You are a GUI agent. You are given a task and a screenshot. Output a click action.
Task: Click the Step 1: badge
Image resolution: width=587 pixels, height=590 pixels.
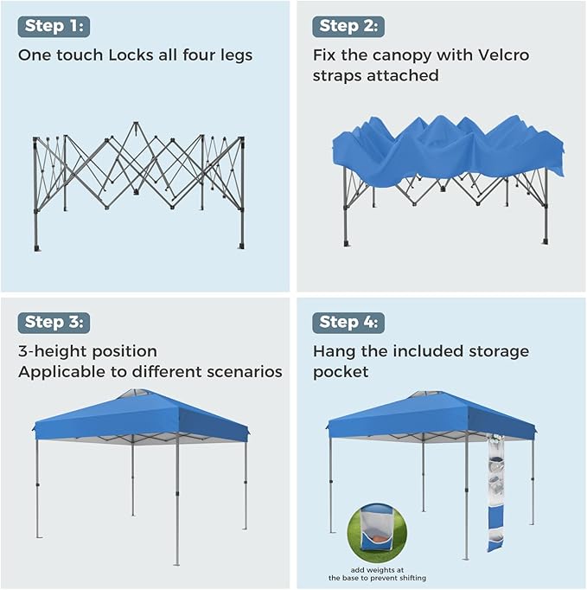pos(54,26)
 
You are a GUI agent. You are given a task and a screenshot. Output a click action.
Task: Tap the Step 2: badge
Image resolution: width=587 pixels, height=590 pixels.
pos(348,26)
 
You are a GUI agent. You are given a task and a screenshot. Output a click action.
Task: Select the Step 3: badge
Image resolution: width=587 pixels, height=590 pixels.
pos(54,323)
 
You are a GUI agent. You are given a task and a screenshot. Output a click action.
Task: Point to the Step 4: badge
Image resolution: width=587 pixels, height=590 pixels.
pos(348,323)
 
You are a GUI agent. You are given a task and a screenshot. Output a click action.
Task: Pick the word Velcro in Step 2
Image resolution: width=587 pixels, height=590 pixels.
pos(503,55)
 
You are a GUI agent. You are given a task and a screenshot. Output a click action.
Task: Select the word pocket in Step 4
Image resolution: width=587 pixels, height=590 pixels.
pos(341,373)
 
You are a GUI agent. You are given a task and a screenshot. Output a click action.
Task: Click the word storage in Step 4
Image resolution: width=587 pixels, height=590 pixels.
pos(499,352)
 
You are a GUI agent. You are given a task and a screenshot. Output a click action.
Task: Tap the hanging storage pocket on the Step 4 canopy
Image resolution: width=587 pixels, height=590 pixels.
pos(495,493)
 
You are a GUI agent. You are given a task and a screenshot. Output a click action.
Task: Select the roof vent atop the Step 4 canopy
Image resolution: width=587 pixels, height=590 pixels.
pos(427,395)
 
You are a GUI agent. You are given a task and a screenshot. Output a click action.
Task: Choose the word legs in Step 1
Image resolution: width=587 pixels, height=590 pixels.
pos(236,55)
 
